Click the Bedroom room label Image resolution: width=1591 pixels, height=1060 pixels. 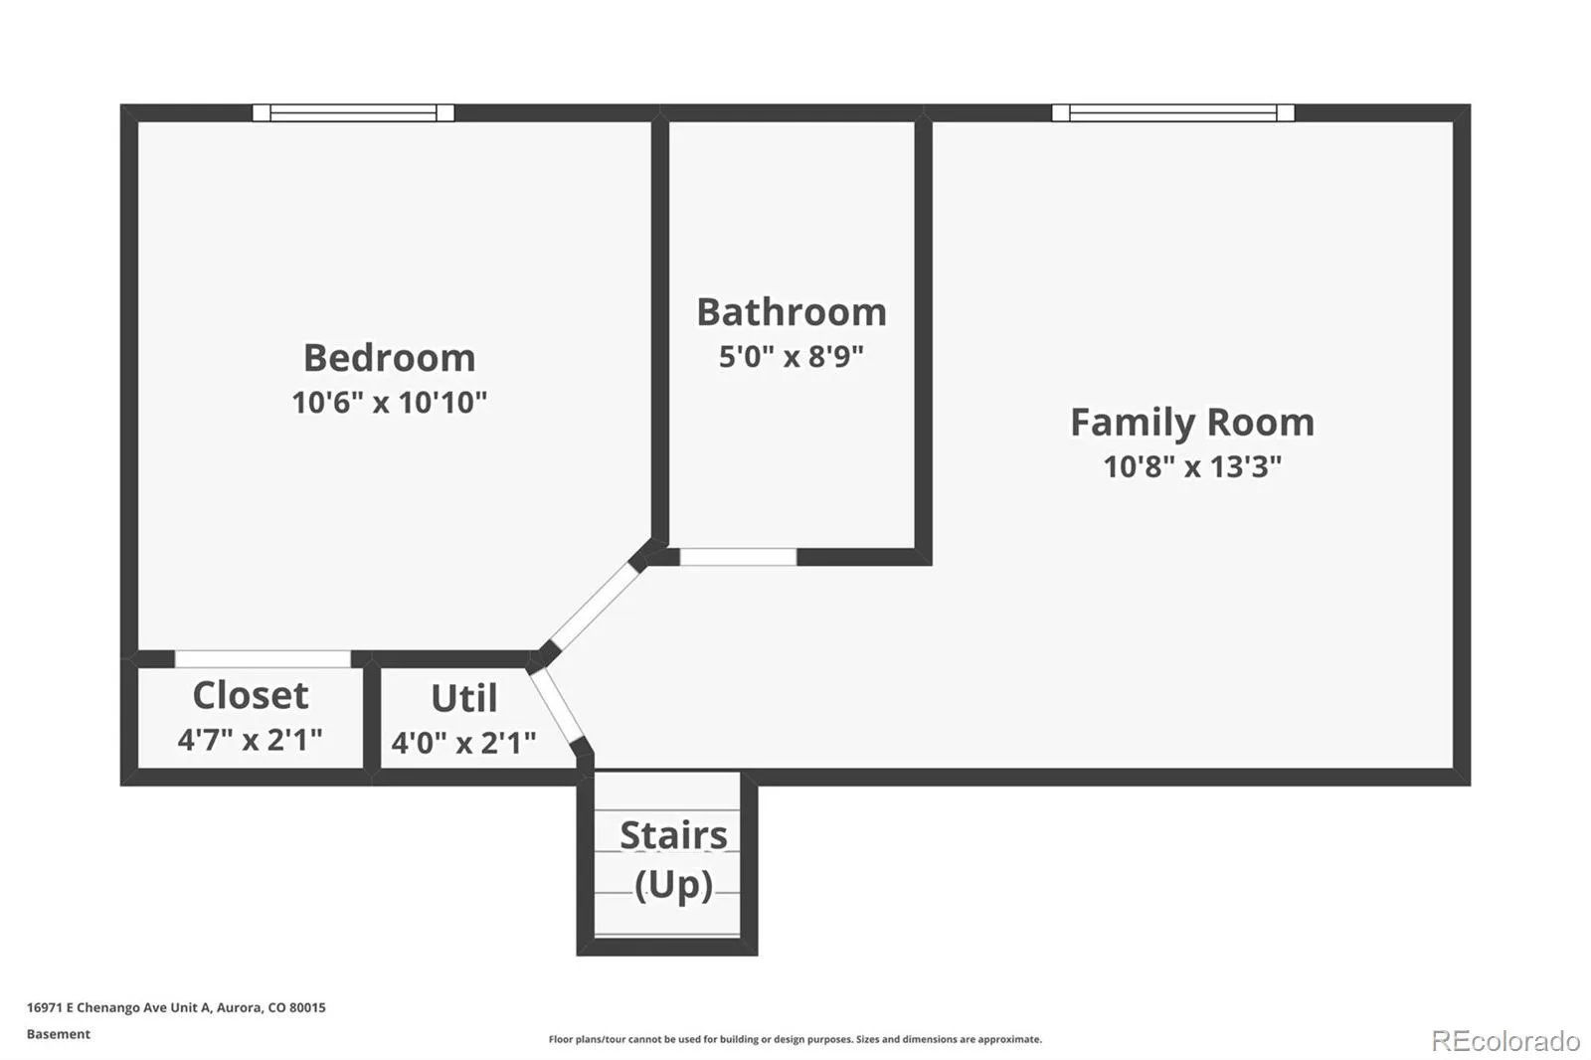(389, 357)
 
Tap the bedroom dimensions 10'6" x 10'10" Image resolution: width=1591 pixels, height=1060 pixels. (389, 402)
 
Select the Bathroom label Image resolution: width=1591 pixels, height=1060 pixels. (792, 312)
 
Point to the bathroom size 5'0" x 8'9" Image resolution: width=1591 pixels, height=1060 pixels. (792, 356)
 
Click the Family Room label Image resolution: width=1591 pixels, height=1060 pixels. (1192, 423)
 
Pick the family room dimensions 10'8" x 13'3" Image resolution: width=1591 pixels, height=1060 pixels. (1192, 466)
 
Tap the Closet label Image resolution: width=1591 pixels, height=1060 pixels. (250, 695)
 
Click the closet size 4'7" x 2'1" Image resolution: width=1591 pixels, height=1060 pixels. (250, 740)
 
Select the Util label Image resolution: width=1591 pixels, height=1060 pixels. (464, 698)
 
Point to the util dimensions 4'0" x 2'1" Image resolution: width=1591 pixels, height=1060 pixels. (463, 743)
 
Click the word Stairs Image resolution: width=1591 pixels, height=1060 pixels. (673, 835)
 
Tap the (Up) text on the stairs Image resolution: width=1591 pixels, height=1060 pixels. (673, 885)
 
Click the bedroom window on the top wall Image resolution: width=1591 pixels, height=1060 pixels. (353, 113)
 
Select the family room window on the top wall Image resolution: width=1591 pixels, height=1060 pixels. (1172, 113)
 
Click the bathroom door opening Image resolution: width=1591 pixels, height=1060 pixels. (738, 557)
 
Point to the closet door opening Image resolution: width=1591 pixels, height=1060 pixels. (263, 659)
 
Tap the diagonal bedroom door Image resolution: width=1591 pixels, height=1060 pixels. (596, 606)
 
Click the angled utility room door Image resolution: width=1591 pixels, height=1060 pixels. (558, 706)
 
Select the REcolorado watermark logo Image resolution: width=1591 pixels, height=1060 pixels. (1505, 1041)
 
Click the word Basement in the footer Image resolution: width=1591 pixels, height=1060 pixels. (59, 1034)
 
